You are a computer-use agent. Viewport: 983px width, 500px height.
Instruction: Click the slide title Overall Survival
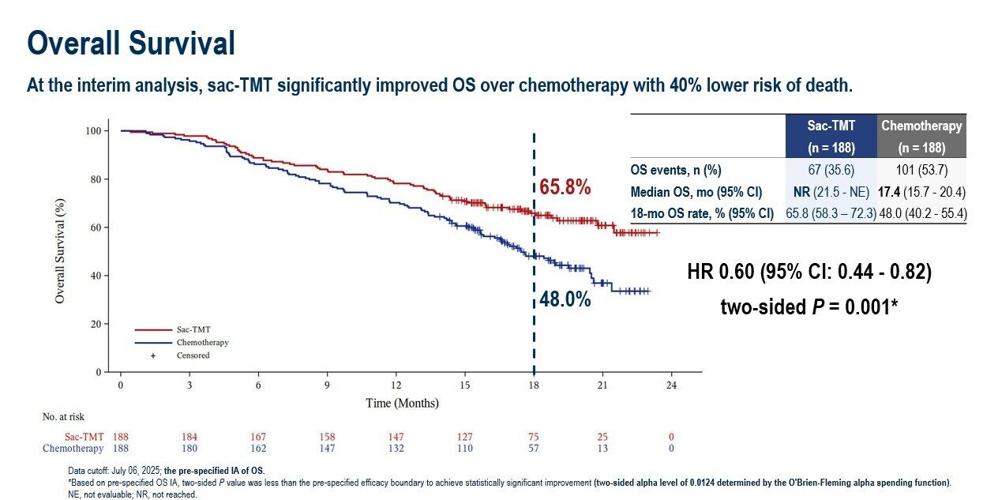click(x=131, y=43)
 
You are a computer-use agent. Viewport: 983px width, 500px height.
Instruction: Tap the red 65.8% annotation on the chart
click(x=566, y=188)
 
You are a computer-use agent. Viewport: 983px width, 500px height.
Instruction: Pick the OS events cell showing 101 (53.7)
click(x=921, y=170)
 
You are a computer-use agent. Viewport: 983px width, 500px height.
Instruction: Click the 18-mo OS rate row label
click(x=701, y=213)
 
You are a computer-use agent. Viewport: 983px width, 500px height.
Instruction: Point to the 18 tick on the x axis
click(x=534, y=385)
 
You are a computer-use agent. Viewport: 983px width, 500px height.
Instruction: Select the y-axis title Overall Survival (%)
click(x=61, y=250)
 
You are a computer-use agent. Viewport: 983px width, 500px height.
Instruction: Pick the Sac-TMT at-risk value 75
click(x=534, y=436)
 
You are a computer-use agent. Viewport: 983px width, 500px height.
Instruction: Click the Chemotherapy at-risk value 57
click(x=534, y=448)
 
